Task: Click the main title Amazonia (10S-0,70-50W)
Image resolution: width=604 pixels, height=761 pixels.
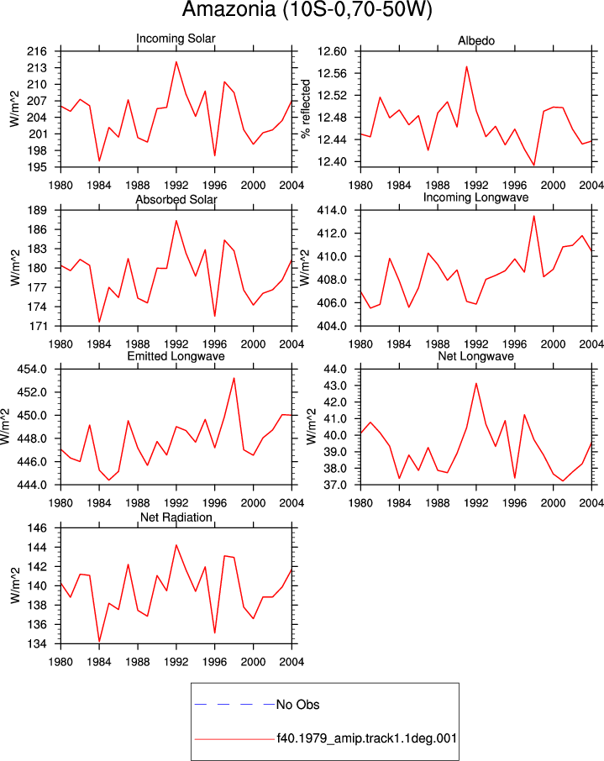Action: pos(307,10)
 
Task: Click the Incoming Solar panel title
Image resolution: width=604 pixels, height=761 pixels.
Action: pos(176,39)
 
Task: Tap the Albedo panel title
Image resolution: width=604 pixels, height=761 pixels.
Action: pos(476,41)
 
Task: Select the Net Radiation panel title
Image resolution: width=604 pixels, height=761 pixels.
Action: pos(176,517)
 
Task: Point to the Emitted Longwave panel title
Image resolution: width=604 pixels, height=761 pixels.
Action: pos(176,356)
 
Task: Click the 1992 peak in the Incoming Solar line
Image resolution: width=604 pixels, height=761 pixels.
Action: pos(176,61)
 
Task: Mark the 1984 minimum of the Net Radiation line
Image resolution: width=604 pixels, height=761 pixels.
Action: pos(99,641)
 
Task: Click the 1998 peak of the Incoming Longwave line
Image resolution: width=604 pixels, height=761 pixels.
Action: pos(534,216)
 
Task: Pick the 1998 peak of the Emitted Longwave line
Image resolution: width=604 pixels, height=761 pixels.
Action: pos(234,378)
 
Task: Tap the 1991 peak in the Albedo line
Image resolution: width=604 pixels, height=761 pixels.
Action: pos(466,66)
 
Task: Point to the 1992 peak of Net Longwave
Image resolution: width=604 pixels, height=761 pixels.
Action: pos(476,383)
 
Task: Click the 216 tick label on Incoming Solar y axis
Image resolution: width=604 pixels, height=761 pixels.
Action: pos(38,51)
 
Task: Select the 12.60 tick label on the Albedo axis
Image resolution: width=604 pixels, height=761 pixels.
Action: pos(332,51)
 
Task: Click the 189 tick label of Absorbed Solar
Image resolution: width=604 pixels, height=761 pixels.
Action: pos(38,210)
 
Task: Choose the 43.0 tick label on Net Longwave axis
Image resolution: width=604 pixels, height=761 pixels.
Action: pos(336,386)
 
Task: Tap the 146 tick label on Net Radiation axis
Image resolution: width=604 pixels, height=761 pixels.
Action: pos(38,528)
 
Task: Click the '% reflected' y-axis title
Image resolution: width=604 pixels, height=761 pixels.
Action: pos(306,109)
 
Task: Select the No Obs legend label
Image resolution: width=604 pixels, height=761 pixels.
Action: pos(297,705)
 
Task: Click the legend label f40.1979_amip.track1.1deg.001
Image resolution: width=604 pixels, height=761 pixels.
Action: pos(367,738)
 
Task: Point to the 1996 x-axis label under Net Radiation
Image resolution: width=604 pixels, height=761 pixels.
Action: pos(214,662)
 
